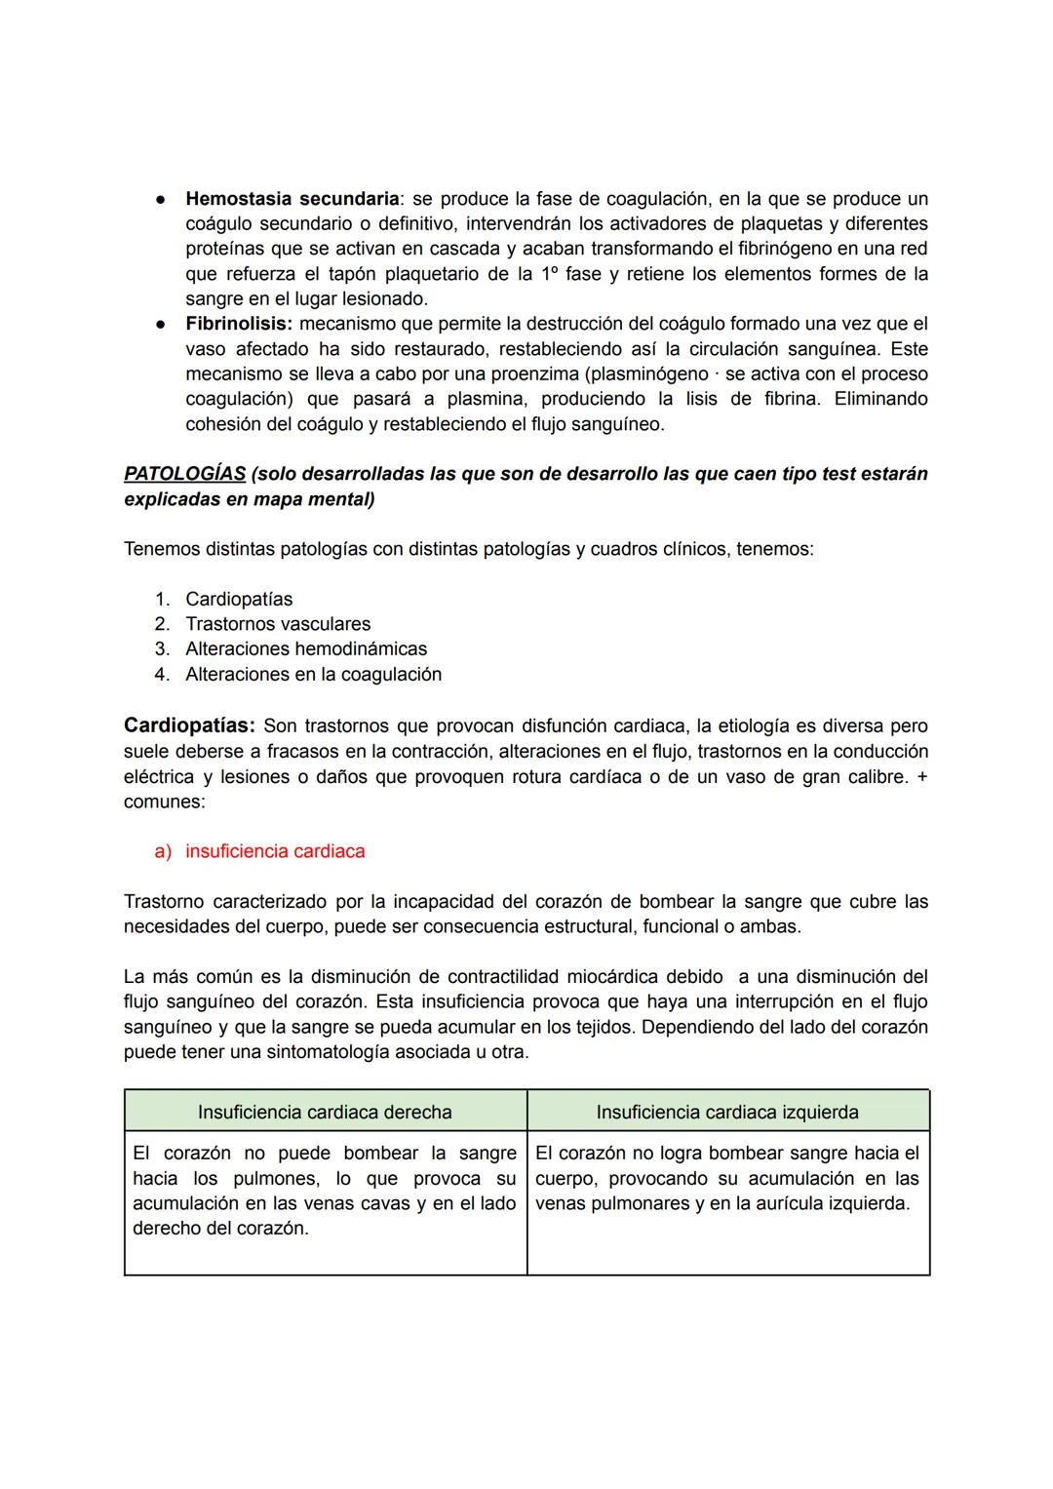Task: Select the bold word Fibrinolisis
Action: tap(238, 324)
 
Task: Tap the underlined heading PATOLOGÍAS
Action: tap(184, 474)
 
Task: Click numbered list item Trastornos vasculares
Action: tap(278, 624)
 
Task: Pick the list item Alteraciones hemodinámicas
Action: tap(305, 649)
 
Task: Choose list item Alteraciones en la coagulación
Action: tap(313, 675)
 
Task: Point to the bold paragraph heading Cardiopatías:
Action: tap(189, 726)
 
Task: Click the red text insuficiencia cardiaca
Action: tap(275, 851)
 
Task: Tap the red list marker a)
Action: tap(163, 851)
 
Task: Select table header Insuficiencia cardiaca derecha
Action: tap(325, 1113)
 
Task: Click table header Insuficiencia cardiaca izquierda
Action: tap(727, 1113)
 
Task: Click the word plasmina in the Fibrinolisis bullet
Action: tap(487, 399)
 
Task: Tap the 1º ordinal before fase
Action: tap(549, 274)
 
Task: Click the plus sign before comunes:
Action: tap(921, 778)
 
